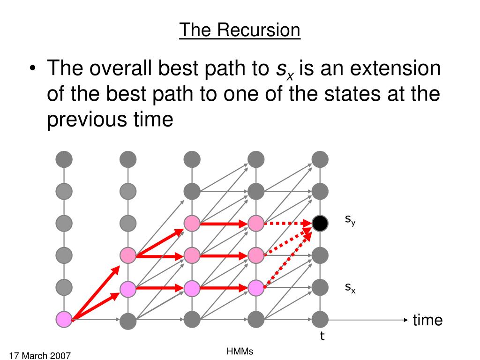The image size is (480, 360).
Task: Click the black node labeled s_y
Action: [320, 224]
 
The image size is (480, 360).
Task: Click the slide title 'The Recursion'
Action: [240, 30]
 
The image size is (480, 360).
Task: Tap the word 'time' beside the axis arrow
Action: [427, 320]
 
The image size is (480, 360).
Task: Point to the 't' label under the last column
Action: [322, 336]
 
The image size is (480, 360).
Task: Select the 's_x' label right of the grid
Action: [350, 288]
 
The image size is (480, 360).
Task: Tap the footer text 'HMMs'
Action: [240, 351]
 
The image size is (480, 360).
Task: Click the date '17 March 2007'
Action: [39, 356]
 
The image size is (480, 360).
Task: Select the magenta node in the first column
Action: [64, 319]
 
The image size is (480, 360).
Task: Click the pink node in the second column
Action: [127, 255]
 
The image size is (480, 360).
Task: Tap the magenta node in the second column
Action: [127, 288]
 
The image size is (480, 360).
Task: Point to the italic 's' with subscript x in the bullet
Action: [282, 70]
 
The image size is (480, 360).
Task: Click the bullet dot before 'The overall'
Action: [32, 69]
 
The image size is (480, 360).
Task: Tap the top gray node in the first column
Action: [64, 159]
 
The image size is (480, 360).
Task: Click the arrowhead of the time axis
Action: [406, 320]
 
